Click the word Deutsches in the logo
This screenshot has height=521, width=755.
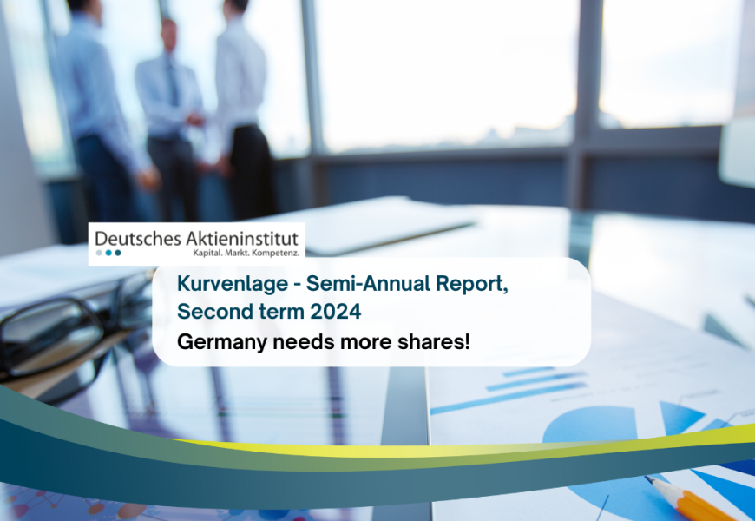[138, 239]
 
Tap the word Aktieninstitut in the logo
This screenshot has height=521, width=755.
[242, 239]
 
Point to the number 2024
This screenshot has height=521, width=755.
[336, 312]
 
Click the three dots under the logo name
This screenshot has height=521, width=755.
[108, 253]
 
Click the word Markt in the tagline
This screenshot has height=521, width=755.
[238, 253]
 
